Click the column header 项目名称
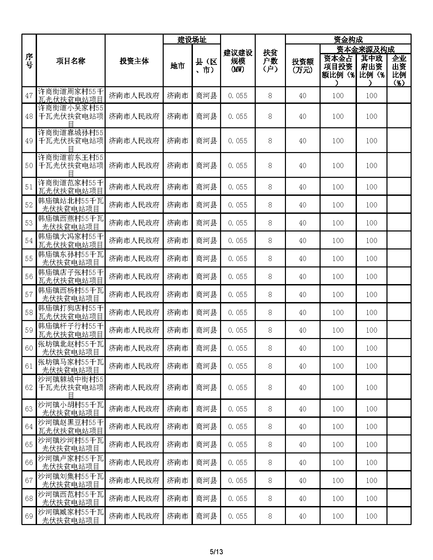(71, 61)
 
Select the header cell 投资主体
(134, 61)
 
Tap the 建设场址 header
(192, 40)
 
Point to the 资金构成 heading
(348, 40)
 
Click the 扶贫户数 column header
(270, 61)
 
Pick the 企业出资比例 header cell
(399, 71)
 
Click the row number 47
(29, 96)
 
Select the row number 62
(29, 388)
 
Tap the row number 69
(29, 516)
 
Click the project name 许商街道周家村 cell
(71, 96)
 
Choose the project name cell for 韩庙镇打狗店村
(71, 313)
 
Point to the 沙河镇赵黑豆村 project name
(71, 427)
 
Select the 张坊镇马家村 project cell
(71, 366)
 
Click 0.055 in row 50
(238, 166)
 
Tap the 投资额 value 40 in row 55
(303, 259)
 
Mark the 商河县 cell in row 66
(206, 463)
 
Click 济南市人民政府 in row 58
(134, 313)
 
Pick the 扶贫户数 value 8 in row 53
(270, 223)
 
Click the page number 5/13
(216, 552)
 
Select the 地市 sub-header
(178, 66)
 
